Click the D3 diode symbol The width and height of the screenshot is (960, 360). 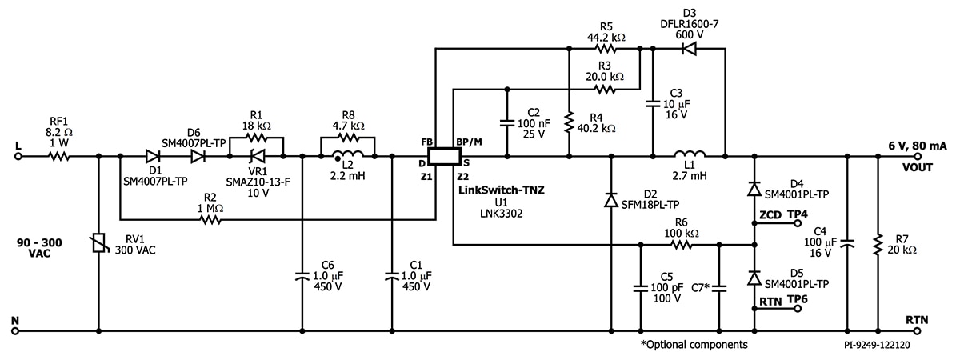(686, 49)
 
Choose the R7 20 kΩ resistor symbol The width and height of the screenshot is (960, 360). (878, 244)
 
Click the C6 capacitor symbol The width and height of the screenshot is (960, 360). (302, 276)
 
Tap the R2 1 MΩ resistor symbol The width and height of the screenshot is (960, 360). (210, 218)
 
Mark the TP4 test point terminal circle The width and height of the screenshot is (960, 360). (797, 225)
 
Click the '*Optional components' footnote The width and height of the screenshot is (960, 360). (694, 345)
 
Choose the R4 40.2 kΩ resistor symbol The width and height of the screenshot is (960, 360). (568, 124)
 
